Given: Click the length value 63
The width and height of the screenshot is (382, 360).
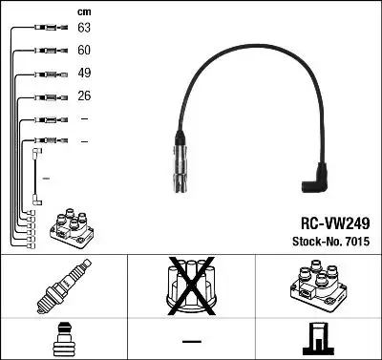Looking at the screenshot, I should coord(84,30).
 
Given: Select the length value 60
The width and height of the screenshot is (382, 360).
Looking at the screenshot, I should coord(84,52).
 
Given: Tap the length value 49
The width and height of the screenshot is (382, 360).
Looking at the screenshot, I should coord(84,74).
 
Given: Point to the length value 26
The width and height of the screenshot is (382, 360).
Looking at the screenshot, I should coord(84,96).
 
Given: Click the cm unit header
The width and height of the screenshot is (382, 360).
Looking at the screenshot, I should coord(83,11).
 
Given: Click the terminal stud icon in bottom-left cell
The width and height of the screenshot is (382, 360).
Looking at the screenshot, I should coord(63,340).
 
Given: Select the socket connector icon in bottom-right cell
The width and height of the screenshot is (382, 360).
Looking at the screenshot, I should coord(318,340).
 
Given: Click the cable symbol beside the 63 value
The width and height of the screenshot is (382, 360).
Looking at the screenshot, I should coord(45,30).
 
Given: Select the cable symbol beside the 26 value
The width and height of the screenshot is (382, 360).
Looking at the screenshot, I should coord(45,96).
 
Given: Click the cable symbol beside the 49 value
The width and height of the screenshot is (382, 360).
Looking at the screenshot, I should coord(45,74).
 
